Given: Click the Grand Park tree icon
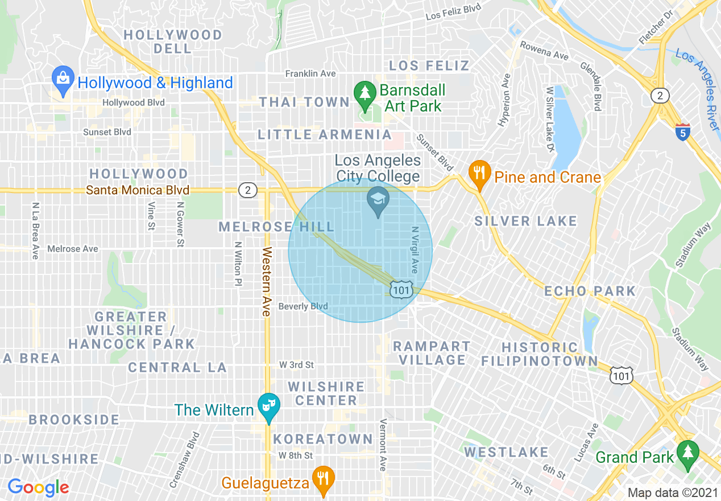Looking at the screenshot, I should click(x=688, y=453).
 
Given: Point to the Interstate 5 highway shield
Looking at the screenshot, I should click(x=683, y=132).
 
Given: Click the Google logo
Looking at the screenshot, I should click(x=38, y=487).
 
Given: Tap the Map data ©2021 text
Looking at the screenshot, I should click(x=672, y=492).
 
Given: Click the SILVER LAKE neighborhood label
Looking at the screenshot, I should click(x=526, y=221).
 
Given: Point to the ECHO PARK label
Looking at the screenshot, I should click(x=590, y=291).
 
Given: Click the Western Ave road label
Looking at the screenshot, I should click(x=266, y=281).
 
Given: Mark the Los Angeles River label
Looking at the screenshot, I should click(x=698, y=85).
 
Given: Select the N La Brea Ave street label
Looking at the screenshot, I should click(x=35, y=231).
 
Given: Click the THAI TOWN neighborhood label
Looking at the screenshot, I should click(x=304, y=102).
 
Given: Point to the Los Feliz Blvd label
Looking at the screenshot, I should click(x=453, y=11).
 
